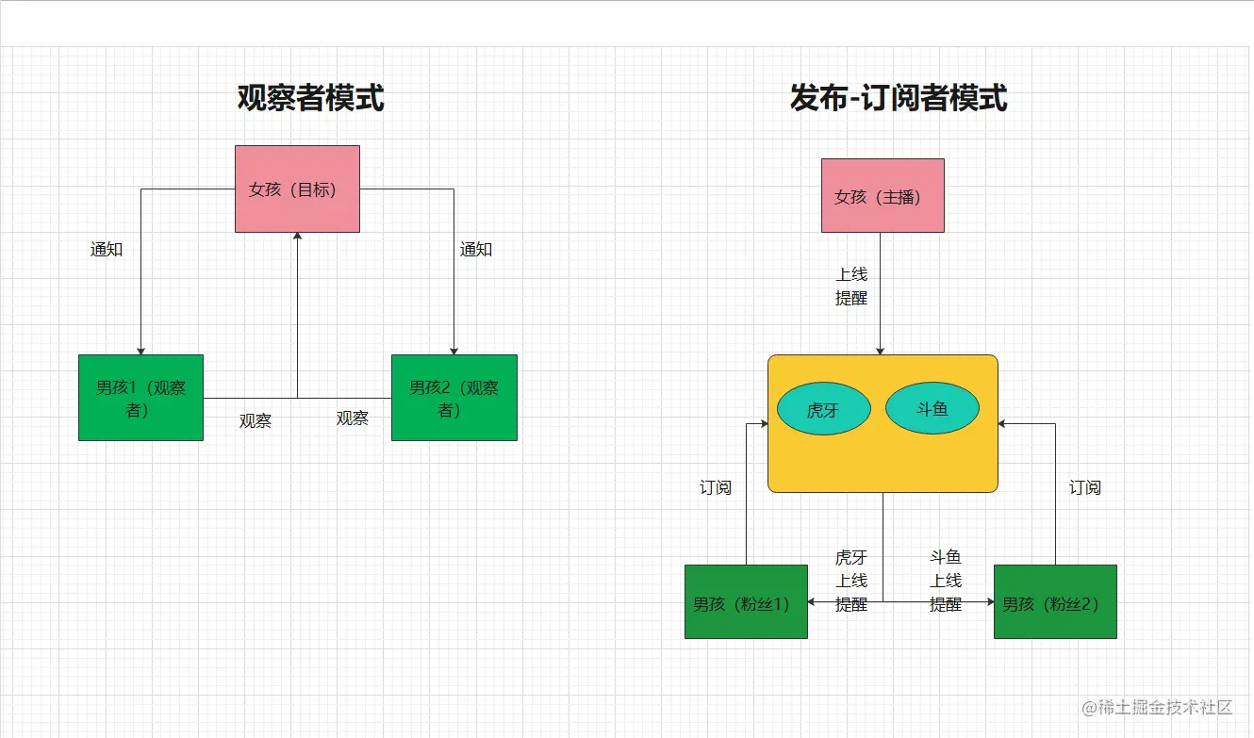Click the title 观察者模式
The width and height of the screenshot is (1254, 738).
(310, 97)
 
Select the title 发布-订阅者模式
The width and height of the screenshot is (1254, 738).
(899, 97)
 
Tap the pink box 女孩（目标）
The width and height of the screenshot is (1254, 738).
(297, 189)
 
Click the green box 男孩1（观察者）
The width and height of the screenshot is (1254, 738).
(140, 398)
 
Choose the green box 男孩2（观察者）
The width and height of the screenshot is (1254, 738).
(454, 398)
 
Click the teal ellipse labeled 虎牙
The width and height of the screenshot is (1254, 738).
(823, 410)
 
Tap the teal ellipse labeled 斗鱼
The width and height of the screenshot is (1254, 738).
(932, 409)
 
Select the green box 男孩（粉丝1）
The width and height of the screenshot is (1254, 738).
(746, 602)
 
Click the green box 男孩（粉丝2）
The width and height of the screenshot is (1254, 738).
(1055, 602)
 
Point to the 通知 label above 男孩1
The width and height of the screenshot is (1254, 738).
(107, 250)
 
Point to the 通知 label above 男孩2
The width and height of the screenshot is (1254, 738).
(476, 250)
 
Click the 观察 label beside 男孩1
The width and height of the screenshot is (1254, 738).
(256, 421)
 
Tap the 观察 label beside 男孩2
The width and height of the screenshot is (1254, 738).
(353, 418)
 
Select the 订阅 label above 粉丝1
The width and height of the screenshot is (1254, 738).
(716, 487)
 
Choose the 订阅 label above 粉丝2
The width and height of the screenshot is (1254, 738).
(1085, 487)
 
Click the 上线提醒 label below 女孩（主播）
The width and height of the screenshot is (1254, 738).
(851, 286)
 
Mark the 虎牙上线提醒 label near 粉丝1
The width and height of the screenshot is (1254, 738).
(851, 581)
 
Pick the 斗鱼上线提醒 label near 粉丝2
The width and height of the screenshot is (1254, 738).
(946, 581)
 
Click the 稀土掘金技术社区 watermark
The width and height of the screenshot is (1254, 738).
(1159, 707)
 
